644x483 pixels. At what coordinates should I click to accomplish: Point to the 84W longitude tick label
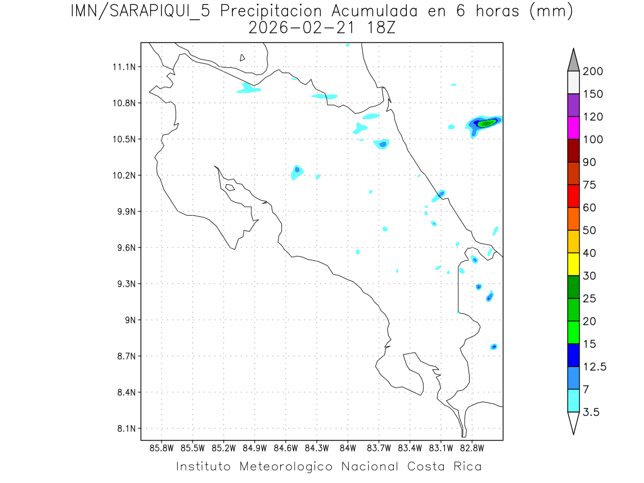(x=348, y=448)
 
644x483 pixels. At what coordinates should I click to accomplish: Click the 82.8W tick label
(x=472, y=448)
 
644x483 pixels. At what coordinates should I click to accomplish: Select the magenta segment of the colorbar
(x=573, y=128)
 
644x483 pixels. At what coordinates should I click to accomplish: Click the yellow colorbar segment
(x=573, y=264)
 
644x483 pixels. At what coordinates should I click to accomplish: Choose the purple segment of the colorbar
(x=573, y=105)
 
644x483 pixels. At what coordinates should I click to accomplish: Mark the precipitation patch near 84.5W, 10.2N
(x=297, y=171)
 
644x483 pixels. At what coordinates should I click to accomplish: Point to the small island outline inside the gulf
(x=230, y=187)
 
